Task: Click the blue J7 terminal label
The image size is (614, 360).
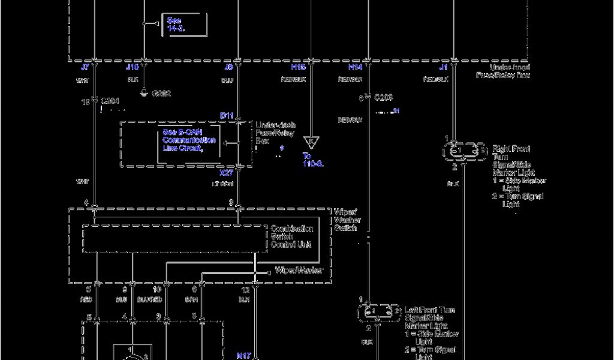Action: [x=85, y=68]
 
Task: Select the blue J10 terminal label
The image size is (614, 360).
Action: [x=133, y=68]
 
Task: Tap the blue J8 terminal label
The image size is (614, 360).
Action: [x=228, y=68]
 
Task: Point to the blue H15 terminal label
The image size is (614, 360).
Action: [x=299, y=68]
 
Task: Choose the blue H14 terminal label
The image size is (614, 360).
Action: [x=355, y=68]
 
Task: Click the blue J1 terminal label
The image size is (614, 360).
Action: [x=444, y=68]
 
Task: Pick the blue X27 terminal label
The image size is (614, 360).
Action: [x=226, y=173]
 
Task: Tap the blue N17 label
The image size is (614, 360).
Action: [x=243, y=355]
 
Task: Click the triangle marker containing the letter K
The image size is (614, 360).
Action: [x=311, y=142]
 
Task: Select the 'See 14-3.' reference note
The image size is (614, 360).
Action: [x=176, y=24]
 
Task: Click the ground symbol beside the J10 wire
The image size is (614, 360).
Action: [x=143, y=92]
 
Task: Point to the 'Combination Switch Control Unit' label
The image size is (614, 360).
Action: [x=292, y=236]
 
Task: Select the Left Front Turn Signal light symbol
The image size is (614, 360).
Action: [x=379, y=311]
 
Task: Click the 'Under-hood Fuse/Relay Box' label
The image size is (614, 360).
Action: [x=502, y=71]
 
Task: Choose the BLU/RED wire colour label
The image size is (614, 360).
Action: [x=149, y=299]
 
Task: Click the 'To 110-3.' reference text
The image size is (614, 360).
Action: [x=313, y=159]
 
